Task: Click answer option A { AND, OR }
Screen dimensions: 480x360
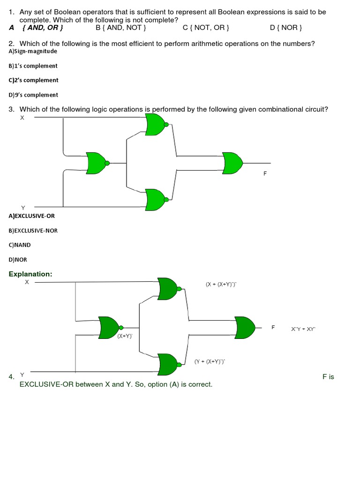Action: [x=37, y=28]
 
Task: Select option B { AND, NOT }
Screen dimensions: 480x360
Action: [x=121, y=28]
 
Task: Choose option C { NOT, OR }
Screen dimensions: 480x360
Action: [x=206, y=28]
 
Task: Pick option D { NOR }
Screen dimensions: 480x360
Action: [x=286, y=28]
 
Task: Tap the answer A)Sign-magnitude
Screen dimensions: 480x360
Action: [x=33, y=51]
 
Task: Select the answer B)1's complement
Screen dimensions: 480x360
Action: [x=33, y=66]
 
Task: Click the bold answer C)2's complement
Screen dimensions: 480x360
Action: [x=33, y=80]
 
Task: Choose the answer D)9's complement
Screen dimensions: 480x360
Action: [x=33, y=95]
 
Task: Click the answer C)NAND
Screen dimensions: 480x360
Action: [x=20, y=245]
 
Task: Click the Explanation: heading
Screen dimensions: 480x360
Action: [x=30, y=274]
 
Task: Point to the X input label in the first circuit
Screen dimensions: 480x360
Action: [x=22, y=118]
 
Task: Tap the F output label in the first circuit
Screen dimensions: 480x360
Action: [x=265, y=173]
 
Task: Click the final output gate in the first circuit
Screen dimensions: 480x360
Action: [x=232, y=163]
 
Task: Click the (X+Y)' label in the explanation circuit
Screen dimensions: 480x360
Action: [x=125, y=336]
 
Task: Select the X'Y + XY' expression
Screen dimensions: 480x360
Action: [x=303, y=329]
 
